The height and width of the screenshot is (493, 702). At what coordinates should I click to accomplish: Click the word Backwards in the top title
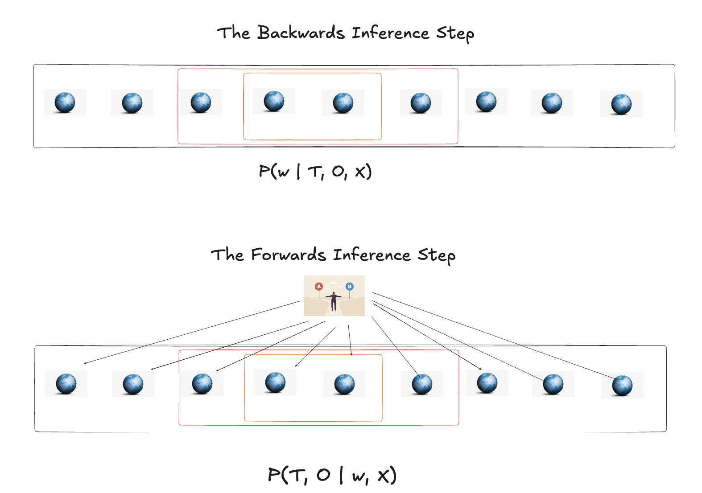coord(301,33)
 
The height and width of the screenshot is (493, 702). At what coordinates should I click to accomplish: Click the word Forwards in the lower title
coord(289,255)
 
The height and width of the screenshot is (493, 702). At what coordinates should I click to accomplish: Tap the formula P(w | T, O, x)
coord(315,172)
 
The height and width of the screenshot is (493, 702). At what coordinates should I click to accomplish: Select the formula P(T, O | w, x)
coord(332,475)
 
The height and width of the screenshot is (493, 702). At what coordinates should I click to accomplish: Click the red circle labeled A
coord(318,286)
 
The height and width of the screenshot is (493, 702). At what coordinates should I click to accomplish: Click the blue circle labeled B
coord(350,286)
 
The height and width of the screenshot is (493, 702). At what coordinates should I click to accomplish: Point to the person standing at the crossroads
coord(334,301)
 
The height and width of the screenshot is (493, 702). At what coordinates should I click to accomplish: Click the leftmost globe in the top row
coord(65,103)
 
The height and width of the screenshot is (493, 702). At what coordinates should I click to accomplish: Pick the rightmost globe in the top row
coord(621,104)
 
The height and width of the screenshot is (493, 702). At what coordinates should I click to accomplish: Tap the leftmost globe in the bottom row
coord(66,384)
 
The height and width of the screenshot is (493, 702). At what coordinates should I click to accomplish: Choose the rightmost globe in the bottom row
coord(622,386)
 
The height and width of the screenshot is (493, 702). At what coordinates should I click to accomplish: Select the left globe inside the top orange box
coord(274,101)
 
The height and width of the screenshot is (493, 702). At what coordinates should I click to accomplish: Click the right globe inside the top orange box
coord(343,103)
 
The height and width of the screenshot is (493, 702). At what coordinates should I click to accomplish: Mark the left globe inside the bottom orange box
coord(275,382)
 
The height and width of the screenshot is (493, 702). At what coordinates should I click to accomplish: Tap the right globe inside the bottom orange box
coord(344,384)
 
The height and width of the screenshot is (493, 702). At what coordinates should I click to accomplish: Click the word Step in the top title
coord(455,33)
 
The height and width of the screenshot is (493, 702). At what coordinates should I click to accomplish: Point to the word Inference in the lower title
coord(372,255)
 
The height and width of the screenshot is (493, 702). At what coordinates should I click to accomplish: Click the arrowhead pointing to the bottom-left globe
coord(85,363)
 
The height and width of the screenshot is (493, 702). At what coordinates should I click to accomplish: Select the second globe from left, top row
coord(132,103)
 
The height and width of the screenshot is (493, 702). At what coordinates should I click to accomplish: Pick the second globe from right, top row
coord(552,103)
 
